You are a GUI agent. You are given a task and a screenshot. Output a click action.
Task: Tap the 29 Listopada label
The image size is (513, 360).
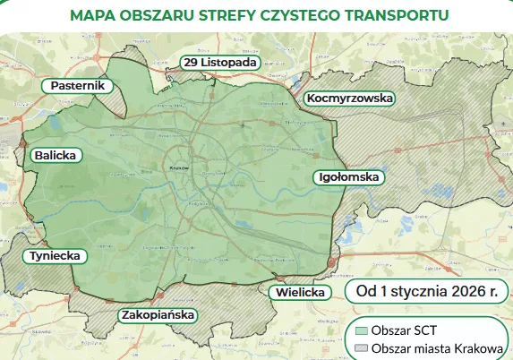tap(220, 62)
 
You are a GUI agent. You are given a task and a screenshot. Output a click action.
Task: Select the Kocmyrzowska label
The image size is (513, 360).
tap(349, 98)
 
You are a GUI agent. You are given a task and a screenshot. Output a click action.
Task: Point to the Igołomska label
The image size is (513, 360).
tap(349, 177)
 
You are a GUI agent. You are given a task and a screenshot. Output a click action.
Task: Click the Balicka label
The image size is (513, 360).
tap(56, 155)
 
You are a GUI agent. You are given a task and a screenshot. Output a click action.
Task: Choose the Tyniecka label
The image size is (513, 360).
tap(56, 256)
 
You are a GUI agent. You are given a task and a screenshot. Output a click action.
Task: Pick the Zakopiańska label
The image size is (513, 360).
tap(158, 315)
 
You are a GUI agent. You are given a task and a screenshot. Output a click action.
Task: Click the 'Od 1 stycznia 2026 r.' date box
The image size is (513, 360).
tap(425, 291)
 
